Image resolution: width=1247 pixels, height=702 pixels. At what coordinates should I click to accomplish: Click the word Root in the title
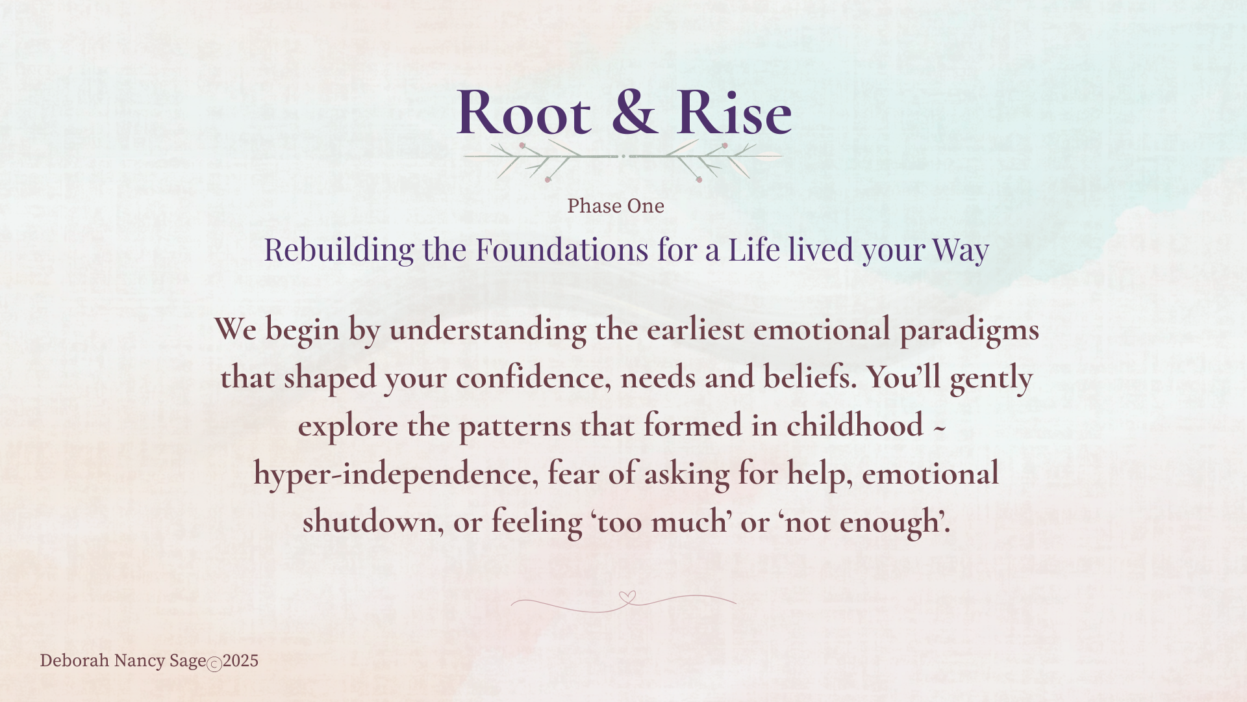[x=524, y=112]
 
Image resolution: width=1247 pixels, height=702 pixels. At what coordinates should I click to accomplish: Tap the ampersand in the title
[x=635, y=112]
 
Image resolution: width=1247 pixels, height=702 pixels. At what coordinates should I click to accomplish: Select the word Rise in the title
[x=735, y=112]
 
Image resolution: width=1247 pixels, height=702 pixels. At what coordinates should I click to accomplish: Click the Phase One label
[x=616, y=206]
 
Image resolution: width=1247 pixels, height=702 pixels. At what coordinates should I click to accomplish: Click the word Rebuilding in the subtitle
[x=338, y=250]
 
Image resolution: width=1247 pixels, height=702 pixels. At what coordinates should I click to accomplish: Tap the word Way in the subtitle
[x=961, y=250]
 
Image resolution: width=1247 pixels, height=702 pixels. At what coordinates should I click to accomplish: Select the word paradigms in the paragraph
[x=969, y=330]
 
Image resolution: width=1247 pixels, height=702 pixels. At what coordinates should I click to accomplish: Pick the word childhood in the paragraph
[x=855, y=426]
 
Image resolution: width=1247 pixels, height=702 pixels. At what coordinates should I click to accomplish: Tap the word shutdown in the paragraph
[x=373, y=522]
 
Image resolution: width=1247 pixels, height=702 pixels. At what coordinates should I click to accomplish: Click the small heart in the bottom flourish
[x=627, y=596]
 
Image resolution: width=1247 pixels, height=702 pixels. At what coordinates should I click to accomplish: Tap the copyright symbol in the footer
[x=214, y=664]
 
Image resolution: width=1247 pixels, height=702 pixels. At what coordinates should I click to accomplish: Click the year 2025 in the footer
[x=240, y=661]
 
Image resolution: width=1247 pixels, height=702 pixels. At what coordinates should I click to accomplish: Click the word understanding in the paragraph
[x=487, y=330]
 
